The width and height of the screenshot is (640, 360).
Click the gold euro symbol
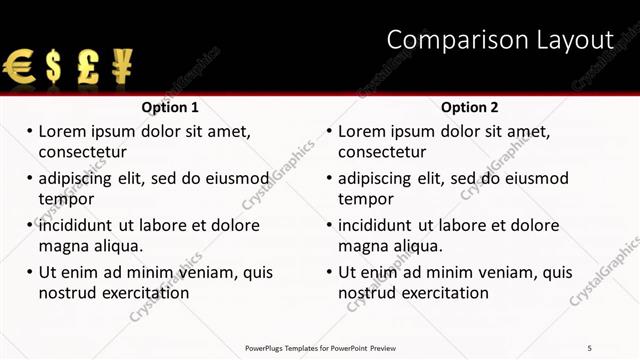coord(18,67)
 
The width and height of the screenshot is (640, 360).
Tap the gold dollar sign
coord(53,67)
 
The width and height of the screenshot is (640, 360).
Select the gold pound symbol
coord(88,67)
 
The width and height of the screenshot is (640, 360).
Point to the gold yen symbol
coord(121,66)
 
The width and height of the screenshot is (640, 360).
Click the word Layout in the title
coord(577,40)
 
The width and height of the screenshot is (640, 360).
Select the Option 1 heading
coord(170,107)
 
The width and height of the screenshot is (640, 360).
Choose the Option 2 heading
coord(469,107)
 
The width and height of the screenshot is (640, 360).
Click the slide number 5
coord(590,347)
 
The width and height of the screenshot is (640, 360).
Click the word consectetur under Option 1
coord(82,152)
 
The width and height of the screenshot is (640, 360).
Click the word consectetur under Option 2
coord(382,152)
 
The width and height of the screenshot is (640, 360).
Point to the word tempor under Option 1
coord(65,199)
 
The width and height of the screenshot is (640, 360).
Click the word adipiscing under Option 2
coord(374,179)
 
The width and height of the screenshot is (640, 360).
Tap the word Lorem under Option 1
coord(62,131)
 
